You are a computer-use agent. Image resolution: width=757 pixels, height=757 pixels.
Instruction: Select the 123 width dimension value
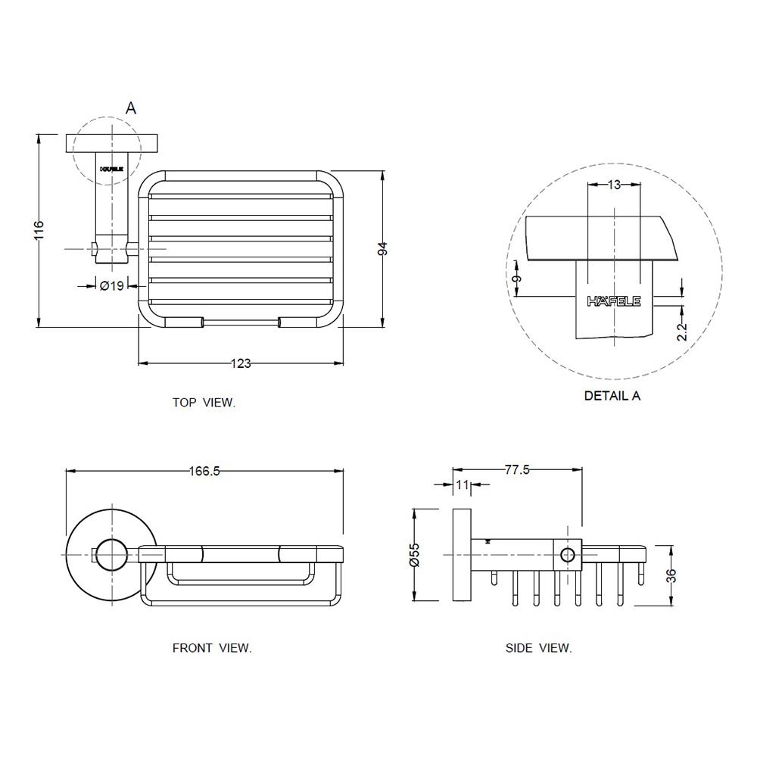[240, 363]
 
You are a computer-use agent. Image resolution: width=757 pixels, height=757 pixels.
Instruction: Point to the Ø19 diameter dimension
[112, 285]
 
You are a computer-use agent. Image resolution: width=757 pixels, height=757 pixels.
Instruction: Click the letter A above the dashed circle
[131, 108]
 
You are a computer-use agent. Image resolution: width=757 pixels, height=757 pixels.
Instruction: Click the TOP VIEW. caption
[204, 403]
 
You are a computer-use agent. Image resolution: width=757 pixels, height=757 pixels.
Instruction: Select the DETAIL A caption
[612, 395]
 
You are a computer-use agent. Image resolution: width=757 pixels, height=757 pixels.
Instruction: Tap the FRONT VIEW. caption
[212, 648]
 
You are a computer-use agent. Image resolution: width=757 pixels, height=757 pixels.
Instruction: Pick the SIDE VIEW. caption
[539, 648]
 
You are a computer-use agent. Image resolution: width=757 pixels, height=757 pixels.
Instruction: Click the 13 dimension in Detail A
[614, 185]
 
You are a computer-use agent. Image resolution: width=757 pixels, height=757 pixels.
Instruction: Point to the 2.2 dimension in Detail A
[682, 331]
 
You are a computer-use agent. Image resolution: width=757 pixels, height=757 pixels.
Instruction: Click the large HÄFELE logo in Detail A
[614, 301]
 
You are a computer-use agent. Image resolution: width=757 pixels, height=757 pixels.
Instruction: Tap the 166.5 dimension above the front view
[204, 471]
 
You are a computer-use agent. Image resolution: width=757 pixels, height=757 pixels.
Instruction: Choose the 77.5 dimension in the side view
[517, 470]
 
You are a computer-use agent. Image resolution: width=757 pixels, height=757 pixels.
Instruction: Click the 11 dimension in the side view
[463, 484]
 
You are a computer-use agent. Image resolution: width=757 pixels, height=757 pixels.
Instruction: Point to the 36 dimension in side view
[671, 575]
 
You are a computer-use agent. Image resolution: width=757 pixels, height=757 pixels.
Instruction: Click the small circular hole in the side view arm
[568, 555]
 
